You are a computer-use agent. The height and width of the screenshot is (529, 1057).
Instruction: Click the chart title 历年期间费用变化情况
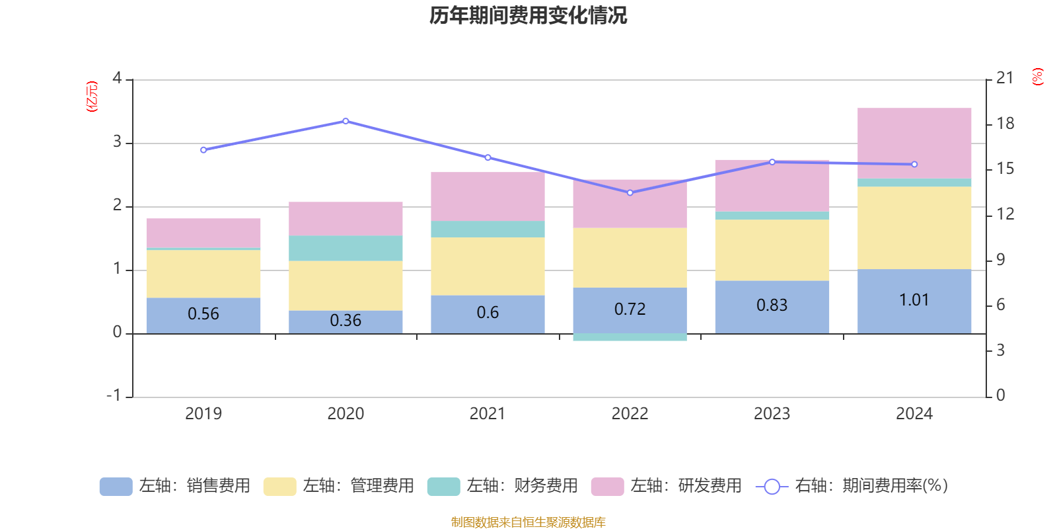pyautogui.click(x=528, y=15)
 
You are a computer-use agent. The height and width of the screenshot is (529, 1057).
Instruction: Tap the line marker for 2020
pyautogui.click(x=346, y=121)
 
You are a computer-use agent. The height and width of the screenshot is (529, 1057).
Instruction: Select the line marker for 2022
pyautogui.click(x=630, y=192)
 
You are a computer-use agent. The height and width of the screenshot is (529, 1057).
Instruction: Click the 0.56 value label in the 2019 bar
pyautogui.click(x=203, y=314)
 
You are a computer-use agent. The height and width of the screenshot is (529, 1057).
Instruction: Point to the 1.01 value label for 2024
pyautogui.click(x=914, y=300)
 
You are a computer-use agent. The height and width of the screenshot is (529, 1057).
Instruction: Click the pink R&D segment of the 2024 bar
pyautogui.click(x=914, y=143)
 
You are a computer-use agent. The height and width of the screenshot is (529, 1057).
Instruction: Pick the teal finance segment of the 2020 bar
pyautogui.click(x=346, y=248)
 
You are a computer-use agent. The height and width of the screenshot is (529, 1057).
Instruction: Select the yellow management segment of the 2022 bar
pyautogui.click(x=630, y=258)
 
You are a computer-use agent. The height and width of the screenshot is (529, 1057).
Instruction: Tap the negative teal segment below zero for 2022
pyautogui.click(x=630, y=337)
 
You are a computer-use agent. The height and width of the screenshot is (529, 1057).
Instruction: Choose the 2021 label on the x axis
pyautogui.click(x=488, y=414)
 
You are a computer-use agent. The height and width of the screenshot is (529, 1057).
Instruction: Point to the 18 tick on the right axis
pyautogui.click(x=1005, y=124)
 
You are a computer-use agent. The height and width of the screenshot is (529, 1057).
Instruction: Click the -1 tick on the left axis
pyautogui.click(x=114, y=395)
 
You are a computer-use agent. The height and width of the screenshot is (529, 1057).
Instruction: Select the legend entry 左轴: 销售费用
pyautogui.click(x=175, y=486)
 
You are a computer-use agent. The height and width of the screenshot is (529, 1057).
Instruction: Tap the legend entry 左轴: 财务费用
pyautogui.click(x=503, y=486)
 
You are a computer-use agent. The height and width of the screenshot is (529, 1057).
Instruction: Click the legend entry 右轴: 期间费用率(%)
pyautogui.click(x=852, y=486)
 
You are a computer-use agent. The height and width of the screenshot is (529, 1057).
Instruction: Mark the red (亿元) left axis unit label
pyautogui.click(x=92, y=97)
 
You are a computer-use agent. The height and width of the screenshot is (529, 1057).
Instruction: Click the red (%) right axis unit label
pyautogui.click(x=1037, y=77)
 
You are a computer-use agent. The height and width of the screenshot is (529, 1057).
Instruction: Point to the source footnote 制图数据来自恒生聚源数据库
pyautogui.click(x=528, y=522)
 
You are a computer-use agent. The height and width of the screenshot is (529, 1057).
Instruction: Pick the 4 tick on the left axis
pyautogui.click(x=118, y=79)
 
